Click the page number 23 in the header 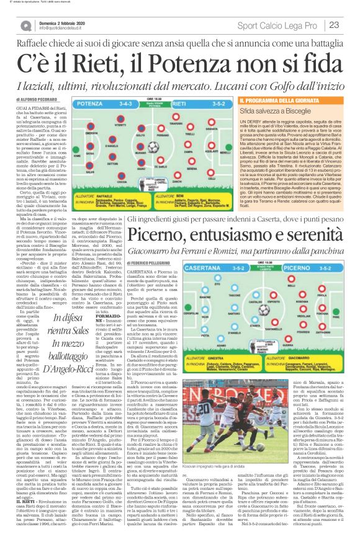click(x=334, y=25)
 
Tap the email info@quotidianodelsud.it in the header click(x=62, y=29)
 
